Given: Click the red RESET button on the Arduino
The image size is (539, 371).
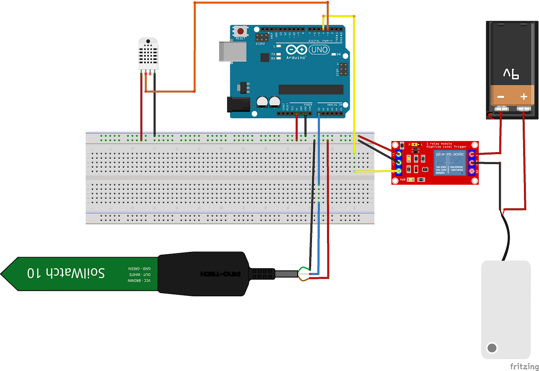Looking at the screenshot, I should click(241, 31).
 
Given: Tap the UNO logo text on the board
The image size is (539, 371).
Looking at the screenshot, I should click(319, 50).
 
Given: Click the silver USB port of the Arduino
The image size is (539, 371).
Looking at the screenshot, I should click(226, 51).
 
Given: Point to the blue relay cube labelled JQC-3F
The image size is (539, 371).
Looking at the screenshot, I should click(449, 162).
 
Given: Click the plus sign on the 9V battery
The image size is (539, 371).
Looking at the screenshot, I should click(524, 97).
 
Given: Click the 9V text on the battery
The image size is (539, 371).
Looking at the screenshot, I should click(511, 73).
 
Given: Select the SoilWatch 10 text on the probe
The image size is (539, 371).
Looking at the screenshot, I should click(66, 273).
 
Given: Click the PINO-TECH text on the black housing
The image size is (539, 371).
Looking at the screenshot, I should click(220, 274).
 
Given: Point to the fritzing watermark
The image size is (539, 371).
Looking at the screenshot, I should click(524, 366).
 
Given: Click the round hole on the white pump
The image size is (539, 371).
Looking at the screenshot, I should click(492, 348).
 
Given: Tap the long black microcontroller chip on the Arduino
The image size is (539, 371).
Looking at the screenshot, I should click(311, 89).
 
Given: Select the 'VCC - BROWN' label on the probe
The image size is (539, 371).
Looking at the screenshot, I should click(139, 280).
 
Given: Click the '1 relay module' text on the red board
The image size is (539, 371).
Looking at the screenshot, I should click(439, 144).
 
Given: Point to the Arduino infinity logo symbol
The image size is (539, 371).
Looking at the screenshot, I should click(296, 50).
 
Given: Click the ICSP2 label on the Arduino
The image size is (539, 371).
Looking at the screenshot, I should click(260, 44).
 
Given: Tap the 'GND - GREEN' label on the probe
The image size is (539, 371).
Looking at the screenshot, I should click(139, 269).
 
